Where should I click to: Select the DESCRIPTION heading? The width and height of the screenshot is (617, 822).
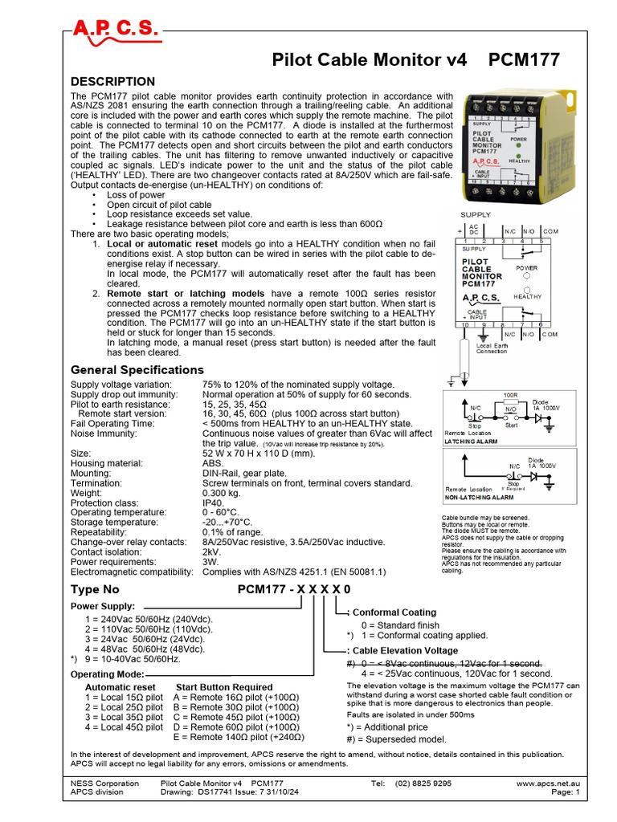tap(112, 82)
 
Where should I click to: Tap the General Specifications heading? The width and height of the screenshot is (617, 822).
tap(137, 370)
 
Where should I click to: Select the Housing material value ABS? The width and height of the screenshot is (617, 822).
tap(215, 463)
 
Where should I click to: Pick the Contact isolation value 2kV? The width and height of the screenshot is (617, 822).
tap(212, 552)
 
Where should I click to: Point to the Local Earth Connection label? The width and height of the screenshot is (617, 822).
tap(491, 348)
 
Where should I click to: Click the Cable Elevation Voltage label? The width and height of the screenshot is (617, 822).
tap(406, 651)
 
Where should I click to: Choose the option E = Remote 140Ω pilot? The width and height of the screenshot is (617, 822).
tap(239, 737)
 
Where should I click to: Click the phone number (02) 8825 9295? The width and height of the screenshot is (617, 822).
tap(422, 783)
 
